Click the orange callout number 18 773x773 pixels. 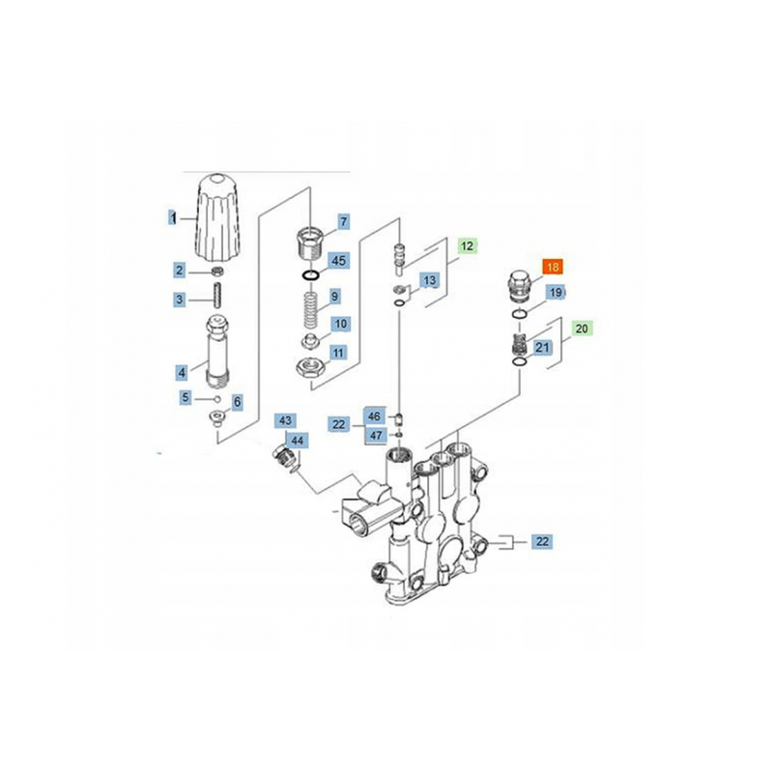[x=553, y=268]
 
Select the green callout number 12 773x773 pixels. [x=467, y=245]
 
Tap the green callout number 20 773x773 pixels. [x=582, y=329]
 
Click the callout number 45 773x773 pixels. [x=339, y=260]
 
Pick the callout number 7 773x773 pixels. [x=344, y=222]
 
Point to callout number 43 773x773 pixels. [x=285, y=420]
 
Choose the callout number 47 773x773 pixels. [x=376, y=436]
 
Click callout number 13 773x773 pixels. [x=429, y=280]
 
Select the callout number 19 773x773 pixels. [x=556, y=293]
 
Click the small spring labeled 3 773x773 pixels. [x=215, y=296]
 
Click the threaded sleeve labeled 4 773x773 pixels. [x=217, y=352]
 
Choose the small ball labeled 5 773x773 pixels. [x=216, y=399]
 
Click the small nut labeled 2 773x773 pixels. [x=216, y=272]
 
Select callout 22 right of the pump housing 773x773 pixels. [x=542, y=541]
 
